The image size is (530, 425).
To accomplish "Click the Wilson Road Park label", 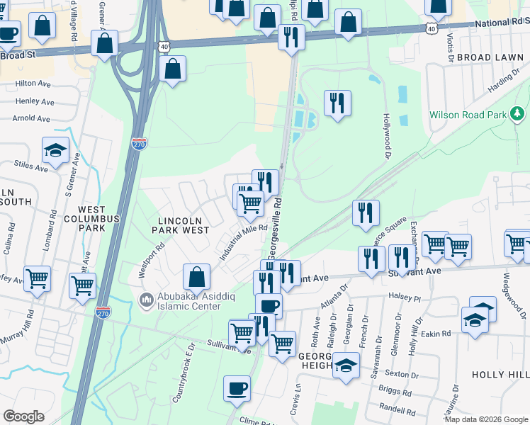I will click(467, 115).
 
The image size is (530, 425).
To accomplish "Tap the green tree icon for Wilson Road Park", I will click(517, 113).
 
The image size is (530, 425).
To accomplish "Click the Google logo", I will click(23, 416).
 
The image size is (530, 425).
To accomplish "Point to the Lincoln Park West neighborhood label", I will click(183, 224).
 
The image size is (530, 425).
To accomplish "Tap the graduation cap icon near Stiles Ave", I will click(55, 149).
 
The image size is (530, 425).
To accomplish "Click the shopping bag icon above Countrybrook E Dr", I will click(197, 277).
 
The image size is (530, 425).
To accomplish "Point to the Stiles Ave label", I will click(31, 166).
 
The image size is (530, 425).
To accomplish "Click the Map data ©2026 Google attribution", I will click(486, 419).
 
